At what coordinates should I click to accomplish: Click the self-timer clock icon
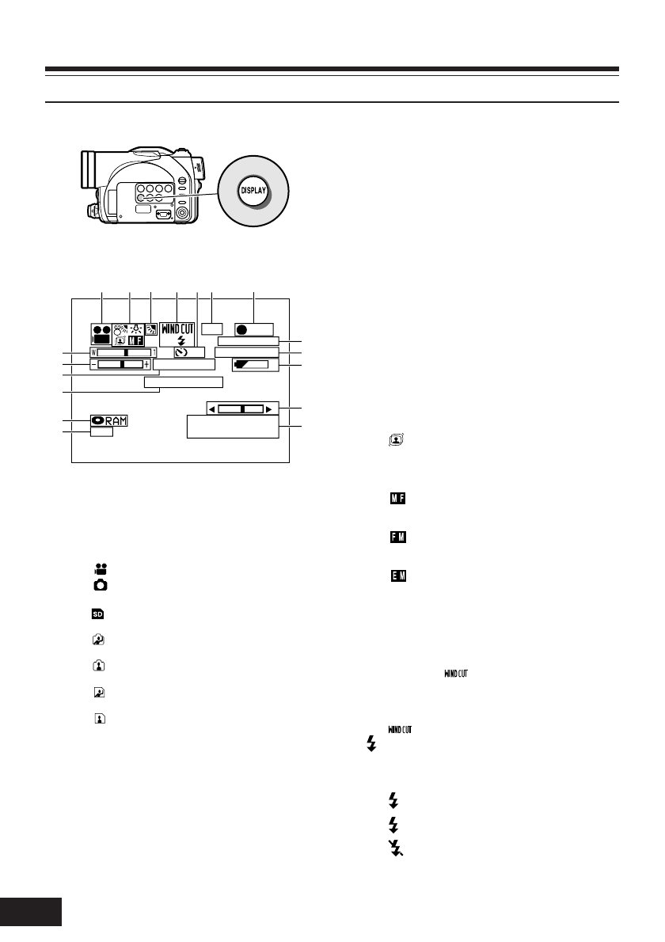tap(182, 351)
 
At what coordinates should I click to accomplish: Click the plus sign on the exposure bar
tap(146, 364)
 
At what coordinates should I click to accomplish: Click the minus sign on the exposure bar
tap(93, 364)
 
